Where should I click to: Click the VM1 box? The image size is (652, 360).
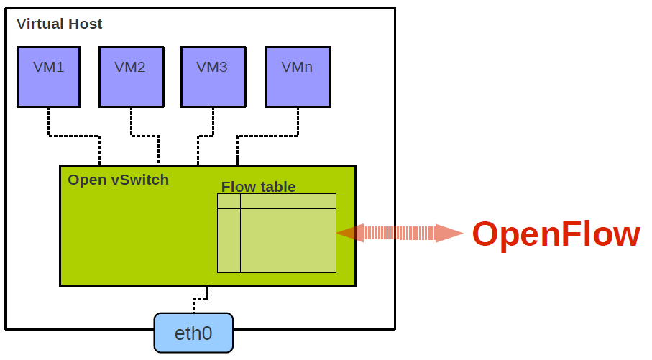click(48, 76)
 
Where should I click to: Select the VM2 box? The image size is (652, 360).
click(130, 76)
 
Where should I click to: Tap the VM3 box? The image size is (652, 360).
click(212, 76)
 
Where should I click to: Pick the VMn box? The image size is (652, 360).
click(298, 76)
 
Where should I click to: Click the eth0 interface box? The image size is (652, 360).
click(193, 333)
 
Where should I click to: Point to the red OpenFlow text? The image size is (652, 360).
click(556, 234)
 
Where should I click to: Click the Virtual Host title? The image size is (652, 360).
click(60, 24)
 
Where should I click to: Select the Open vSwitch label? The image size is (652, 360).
click(118, 180)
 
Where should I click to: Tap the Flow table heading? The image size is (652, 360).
click(258, 187)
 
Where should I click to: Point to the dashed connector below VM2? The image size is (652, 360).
click(144, 135)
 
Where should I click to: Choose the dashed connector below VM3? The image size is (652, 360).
click(204, 135)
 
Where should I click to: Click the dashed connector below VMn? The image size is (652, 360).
click(266, 135)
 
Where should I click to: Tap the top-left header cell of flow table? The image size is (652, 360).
click(229, 201)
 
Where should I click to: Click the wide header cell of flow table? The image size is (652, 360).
click(288, 201)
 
